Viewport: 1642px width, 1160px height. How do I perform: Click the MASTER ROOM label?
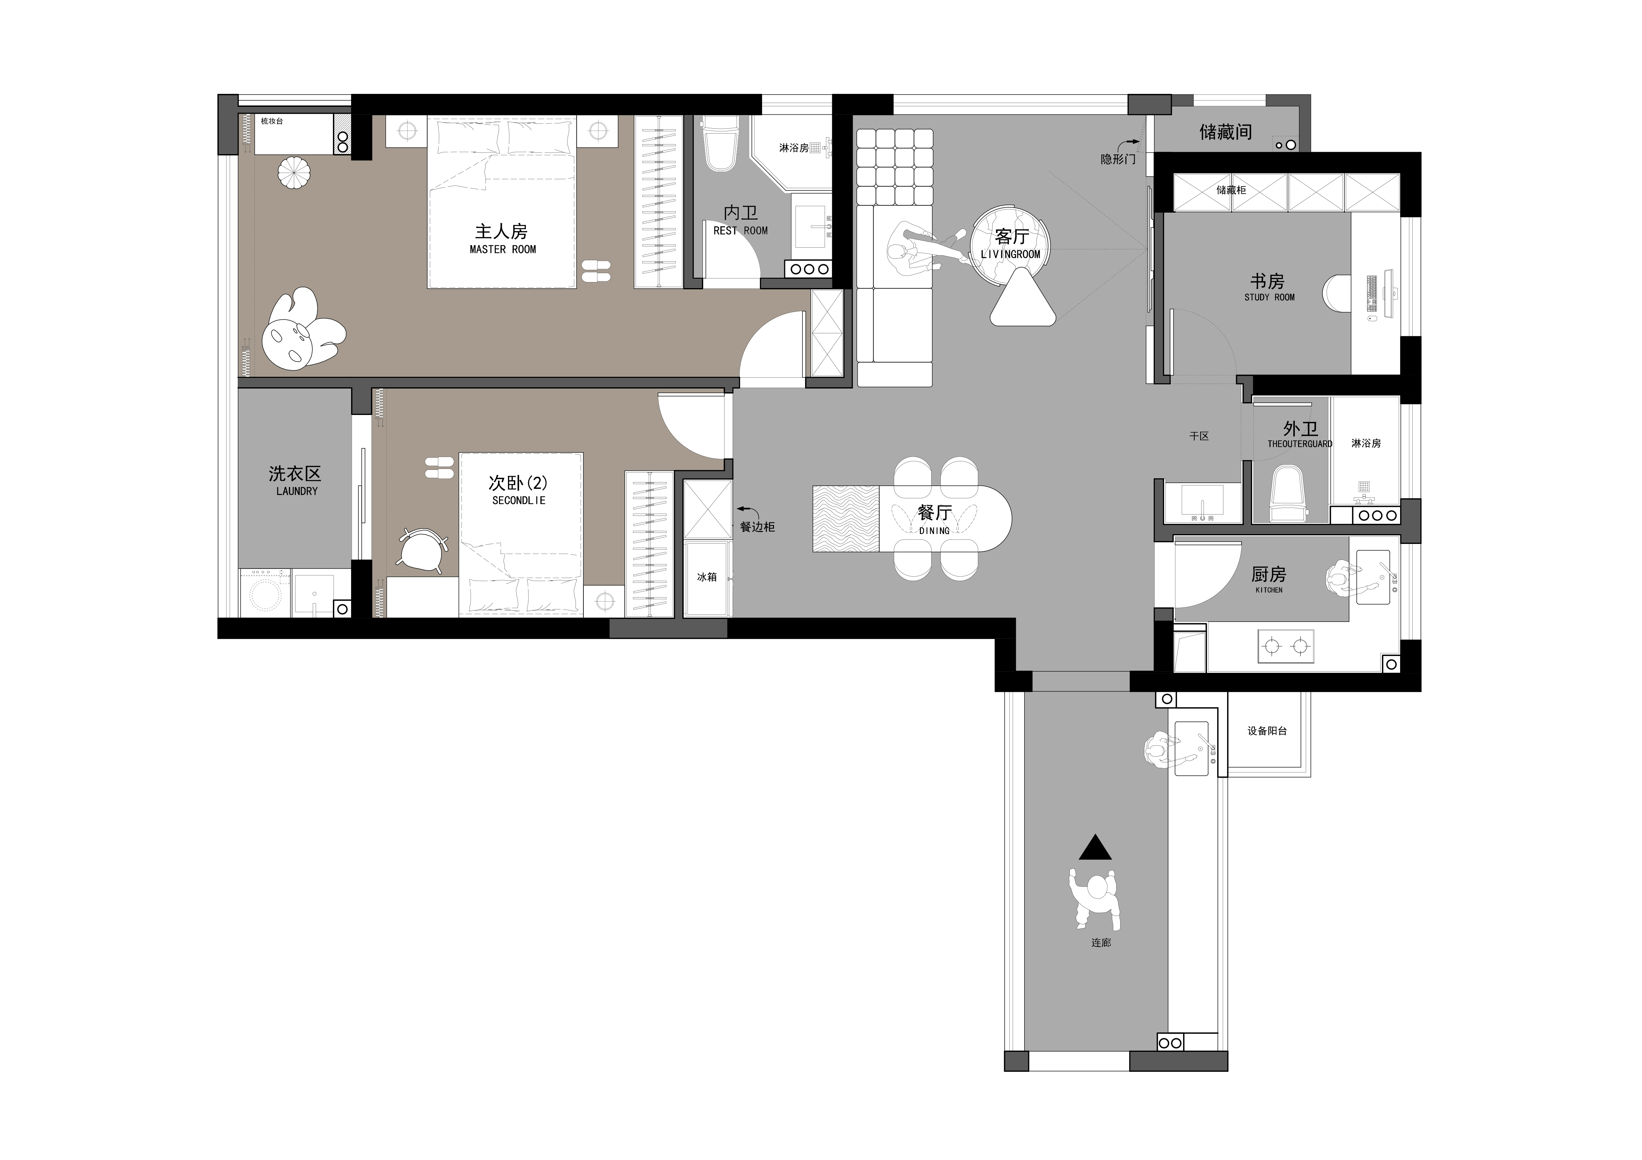(503, 249)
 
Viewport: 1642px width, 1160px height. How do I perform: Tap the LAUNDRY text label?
(297, 491)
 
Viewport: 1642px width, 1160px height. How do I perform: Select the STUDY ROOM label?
(1269, 297)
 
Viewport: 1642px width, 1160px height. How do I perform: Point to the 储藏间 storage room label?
(1225, 132)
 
